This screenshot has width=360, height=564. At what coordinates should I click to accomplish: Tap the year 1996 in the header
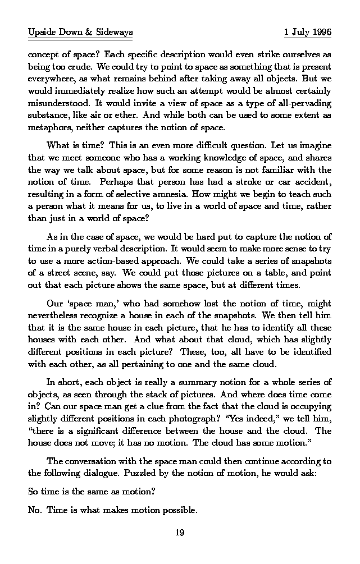321,33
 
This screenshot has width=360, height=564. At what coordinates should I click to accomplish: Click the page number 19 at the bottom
180,533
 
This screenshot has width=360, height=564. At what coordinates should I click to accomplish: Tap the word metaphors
48,127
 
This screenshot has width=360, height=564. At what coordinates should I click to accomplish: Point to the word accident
312,182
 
